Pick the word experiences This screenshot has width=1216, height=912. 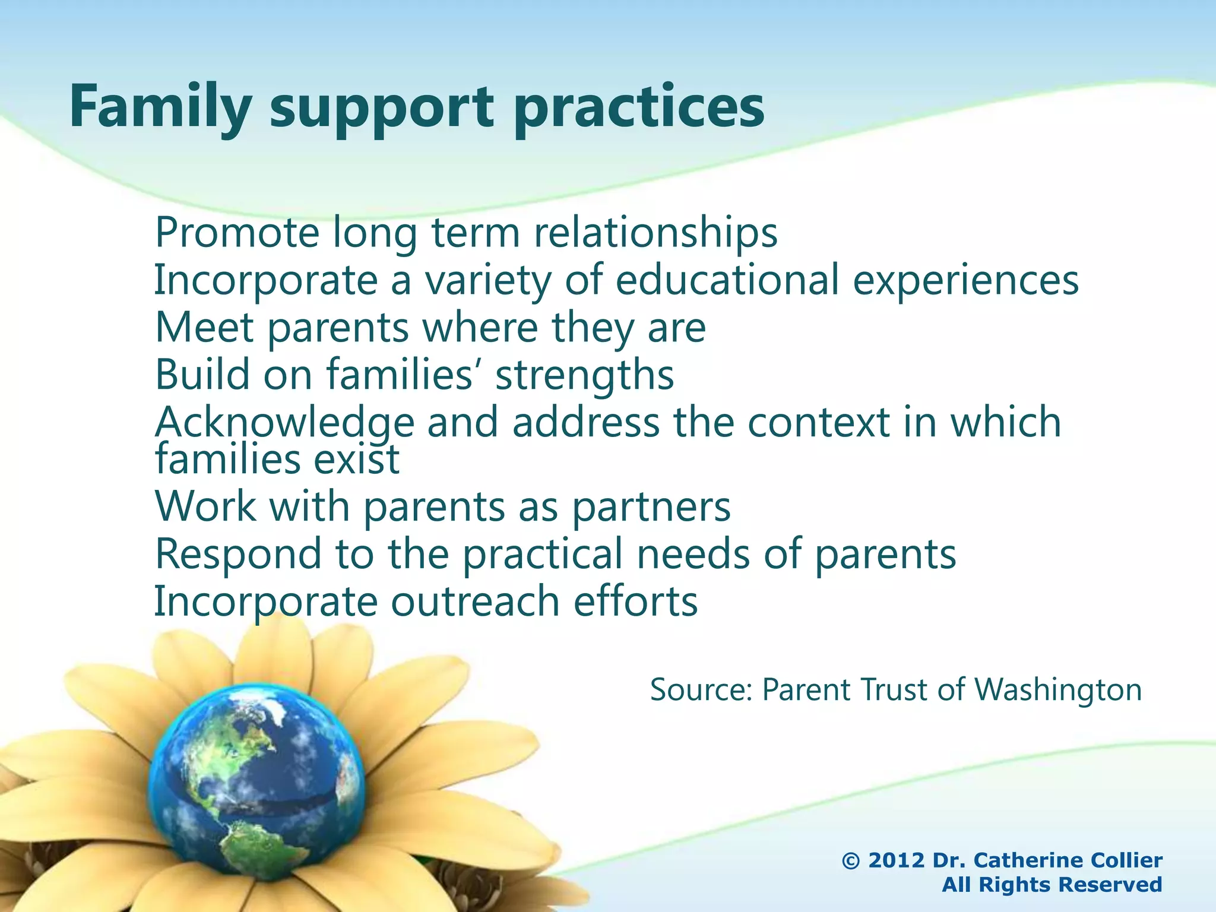pos(966,281)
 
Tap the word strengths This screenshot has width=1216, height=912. pos(585,376)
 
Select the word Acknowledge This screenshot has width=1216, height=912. pos(284,423)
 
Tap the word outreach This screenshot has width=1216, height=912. pos(475,601)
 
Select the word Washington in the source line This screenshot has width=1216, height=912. pos(1058,690)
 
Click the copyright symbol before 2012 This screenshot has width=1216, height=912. pos(851,860)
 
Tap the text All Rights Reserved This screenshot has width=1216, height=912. pos(1052,885)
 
